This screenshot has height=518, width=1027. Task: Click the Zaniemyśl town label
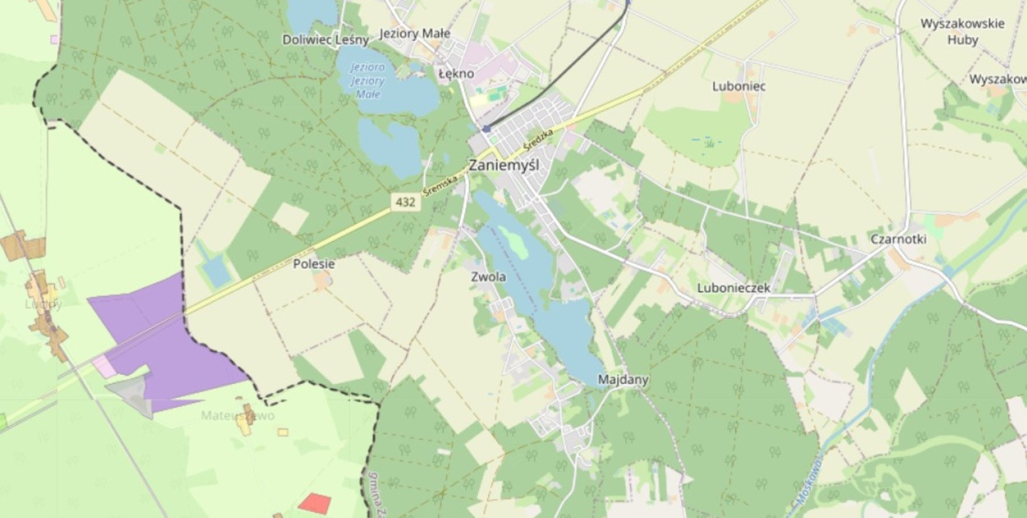tap(504, 164)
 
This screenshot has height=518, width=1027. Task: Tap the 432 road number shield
tap(404, 201)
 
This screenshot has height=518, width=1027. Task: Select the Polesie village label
tap(314, 264)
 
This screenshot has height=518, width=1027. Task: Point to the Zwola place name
tap(488, 277)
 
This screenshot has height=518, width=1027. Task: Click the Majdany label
tap(624, 380)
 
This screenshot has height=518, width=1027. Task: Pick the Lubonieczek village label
tap(734, 288)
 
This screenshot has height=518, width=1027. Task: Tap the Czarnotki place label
tap(898, 239)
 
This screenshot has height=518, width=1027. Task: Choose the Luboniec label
tap(739, 86)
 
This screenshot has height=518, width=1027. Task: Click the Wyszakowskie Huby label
tap(962, 31)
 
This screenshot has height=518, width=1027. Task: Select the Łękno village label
tap(456, 73)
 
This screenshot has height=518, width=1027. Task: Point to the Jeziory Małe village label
tap(415, 34)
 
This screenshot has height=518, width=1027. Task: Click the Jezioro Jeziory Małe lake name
tap(366, 81)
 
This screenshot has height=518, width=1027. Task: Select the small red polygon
tap(315, 503)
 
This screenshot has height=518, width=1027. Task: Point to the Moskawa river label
tap(808, 481)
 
